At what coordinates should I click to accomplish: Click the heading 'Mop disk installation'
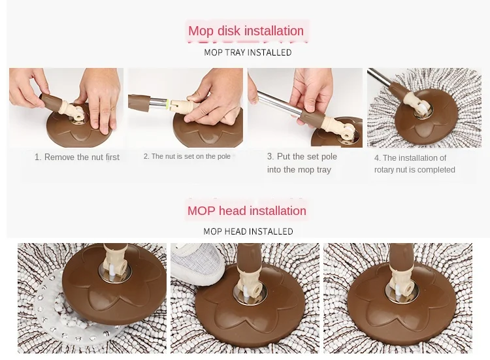[246, 31]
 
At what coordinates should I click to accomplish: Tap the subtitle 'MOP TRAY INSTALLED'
[248, 52]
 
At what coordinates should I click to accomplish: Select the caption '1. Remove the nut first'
[77, 157]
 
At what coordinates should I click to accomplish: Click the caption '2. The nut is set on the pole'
[187, 156]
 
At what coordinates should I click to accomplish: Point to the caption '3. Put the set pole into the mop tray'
[302, 163]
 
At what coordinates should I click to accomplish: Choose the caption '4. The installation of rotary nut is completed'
[414, 164]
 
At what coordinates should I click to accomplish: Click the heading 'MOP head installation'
[247, 211]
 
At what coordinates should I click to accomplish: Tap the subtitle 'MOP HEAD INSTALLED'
[248, 231]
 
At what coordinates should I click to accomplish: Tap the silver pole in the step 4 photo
[379, 77]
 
